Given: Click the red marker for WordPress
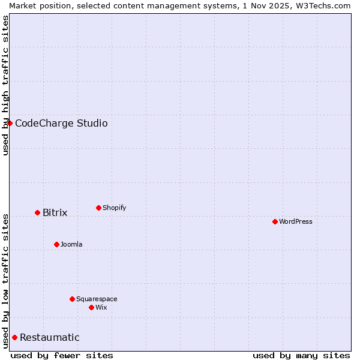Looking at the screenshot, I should click(275, 221).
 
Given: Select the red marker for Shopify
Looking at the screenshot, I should click(98, 208).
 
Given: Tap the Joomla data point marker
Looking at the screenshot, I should click(56, 244).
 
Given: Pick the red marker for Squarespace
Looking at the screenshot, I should click(72, 299).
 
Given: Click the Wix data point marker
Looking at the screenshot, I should click(91, 307).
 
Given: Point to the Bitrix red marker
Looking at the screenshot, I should click(37, 212).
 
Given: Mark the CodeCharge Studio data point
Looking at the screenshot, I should click(10, 123).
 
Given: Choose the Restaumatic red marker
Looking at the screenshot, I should click(14, 337).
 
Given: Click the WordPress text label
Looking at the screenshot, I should click(296, 221).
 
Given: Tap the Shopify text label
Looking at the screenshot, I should click(115, 208).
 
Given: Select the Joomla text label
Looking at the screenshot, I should click(71, 244).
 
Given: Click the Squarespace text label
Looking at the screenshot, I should click(97, 299).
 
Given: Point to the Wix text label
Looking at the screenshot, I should click(101, 307).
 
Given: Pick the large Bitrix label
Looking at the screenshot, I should click(55, 212).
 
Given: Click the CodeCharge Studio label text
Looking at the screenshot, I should click(61, 123).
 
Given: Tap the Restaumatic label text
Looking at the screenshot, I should click(50, 337).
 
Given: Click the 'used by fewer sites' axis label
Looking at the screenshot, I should click(62, 355).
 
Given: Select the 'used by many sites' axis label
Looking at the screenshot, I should click(301, 355).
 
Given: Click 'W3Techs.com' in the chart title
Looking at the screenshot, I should click(326, 5).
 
